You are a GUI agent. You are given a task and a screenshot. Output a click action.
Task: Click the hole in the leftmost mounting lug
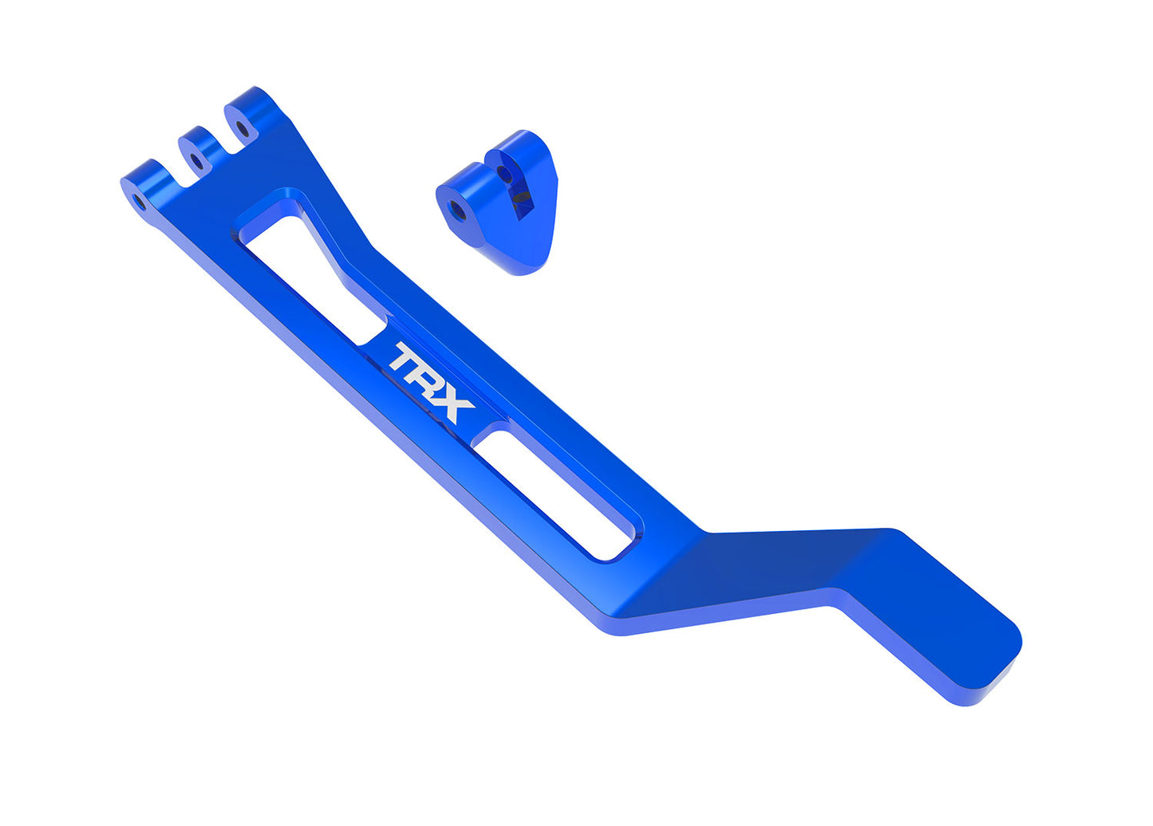click(x=140, y=201)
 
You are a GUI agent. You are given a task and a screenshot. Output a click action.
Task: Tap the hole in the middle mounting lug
click(x=196, y=163)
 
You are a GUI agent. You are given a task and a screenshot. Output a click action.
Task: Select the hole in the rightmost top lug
click(x=242, y=126)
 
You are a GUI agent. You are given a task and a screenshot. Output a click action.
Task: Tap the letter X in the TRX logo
click(x=452, y=407)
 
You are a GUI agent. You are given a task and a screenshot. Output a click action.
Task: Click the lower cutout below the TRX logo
click(x=559, y=494)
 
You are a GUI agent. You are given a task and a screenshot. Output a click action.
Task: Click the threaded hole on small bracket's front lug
click(x=457, y=209)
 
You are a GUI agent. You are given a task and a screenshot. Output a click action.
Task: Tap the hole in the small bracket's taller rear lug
click(x=503, y=171)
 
